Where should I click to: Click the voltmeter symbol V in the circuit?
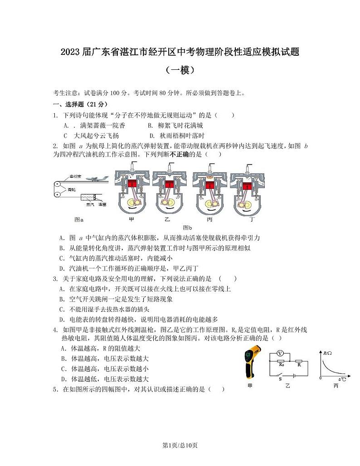click(280, 353)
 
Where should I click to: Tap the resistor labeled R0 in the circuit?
click(281, 364)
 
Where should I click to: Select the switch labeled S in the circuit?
click(280, 375)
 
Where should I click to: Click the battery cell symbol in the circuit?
click(295, 375)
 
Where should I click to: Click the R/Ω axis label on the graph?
click(328, 352)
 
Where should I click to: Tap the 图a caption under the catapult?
click(79, 219)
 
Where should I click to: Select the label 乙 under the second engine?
click(167, 219)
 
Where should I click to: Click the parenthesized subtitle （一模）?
click(180, 70)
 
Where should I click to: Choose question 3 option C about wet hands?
click(101, 309)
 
